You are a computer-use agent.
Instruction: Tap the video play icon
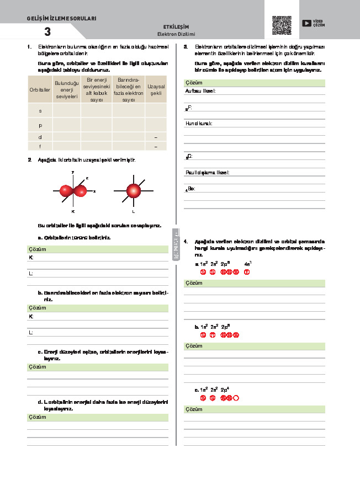[x=306, y=23]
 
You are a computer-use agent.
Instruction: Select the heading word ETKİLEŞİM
[x=177, y=26]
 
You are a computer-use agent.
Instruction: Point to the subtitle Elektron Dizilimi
[x=177, y=34]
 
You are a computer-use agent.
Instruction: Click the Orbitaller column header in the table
[x=40, y=89]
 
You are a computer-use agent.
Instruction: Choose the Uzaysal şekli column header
[x=155, y=89]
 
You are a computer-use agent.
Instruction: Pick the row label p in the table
[x=40, y=125]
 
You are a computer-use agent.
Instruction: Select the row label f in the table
[x=40, y=146]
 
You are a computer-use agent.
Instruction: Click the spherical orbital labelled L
[x=133, y=191]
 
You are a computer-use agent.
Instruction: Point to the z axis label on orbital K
[x=87, y=178]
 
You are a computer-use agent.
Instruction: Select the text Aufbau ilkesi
[x=200, y=90]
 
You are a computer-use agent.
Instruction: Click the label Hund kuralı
[x=199, y=123]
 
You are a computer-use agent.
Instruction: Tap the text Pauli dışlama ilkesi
[x=207, y=172]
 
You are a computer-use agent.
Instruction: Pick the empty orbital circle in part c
[x=236, y=398]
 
